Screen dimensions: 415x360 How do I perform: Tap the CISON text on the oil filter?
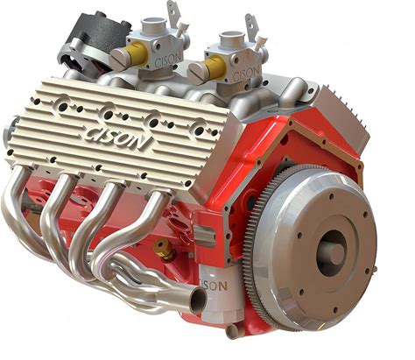point(214,286)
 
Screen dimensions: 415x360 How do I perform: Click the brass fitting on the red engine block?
point(164,249)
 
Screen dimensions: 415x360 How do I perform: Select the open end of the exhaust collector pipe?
point(199,300)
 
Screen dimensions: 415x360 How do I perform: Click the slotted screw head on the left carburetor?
point(120,59)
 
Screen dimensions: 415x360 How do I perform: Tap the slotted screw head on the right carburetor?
point(198,72)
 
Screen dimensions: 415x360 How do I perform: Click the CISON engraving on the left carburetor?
point(169,60)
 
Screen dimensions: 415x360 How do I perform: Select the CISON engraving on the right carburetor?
point(246,73)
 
